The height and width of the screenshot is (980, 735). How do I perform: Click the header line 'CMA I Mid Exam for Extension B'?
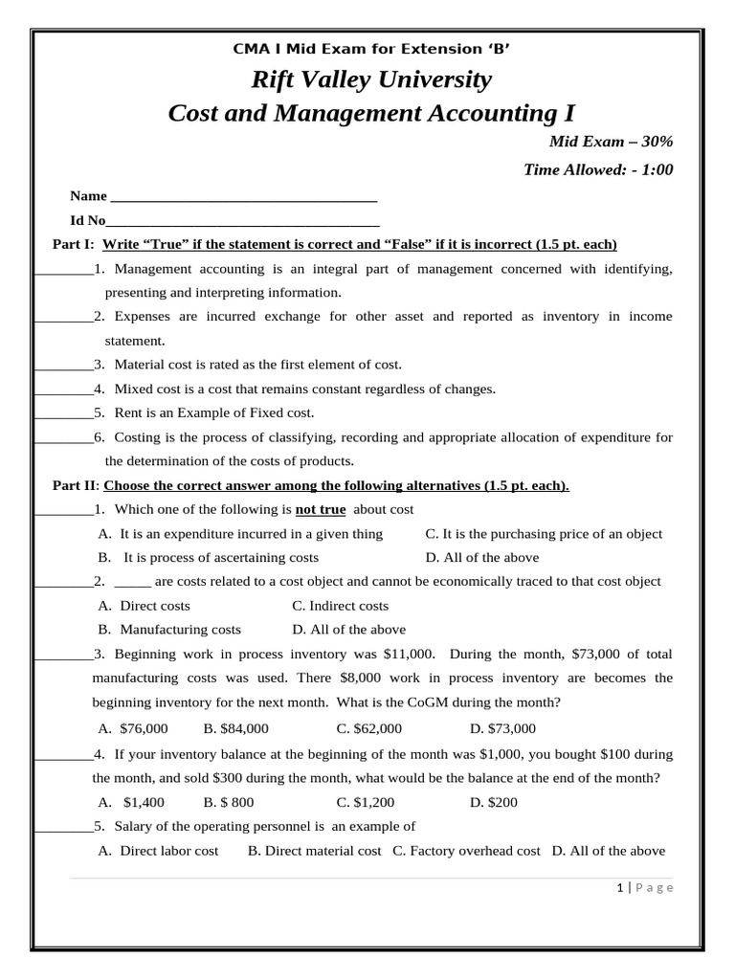click(367, 50)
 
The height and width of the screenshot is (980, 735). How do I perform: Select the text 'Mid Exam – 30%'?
click(611, 142)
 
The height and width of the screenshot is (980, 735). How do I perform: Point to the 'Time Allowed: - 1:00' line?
click(598, 170)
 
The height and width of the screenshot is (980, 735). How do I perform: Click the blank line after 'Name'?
click(244, 198)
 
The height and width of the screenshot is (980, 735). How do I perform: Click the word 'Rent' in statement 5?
click(128, 413)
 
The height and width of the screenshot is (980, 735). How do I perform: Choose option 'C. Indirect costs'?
click(340, 606)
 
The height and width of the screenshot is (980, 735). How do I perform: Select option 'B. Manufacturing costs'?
click(169, 630)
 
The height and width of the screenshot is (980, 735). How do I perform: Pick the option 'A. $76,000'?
click(134, 728)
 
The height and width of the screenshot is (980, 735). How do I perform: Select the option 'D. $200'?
click(494, 802)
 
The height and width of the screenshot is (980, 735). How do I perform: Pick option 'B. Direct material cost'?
click(314, 851)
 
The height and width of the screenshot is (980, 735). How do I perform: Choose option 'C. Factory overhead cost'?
click(466, 851)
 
